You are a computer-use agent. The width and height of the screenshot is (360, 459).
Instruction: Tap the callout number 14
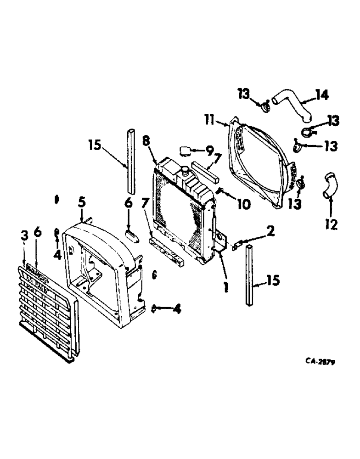point(321,96)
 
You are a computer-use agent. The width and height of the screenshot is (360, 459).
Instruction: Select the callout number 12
point(331,224)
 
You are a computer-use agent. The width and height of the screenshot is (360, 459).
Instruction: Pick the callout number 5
point(81,201)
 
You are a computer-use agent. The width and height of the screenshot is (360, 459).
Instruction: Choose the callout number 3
point(25,235)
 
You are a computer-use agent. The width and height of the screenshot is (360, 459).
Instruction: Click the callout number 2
point(270,231)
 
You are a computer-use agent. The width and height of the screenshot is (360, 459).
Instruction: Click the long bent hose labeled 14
point(292,106)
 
